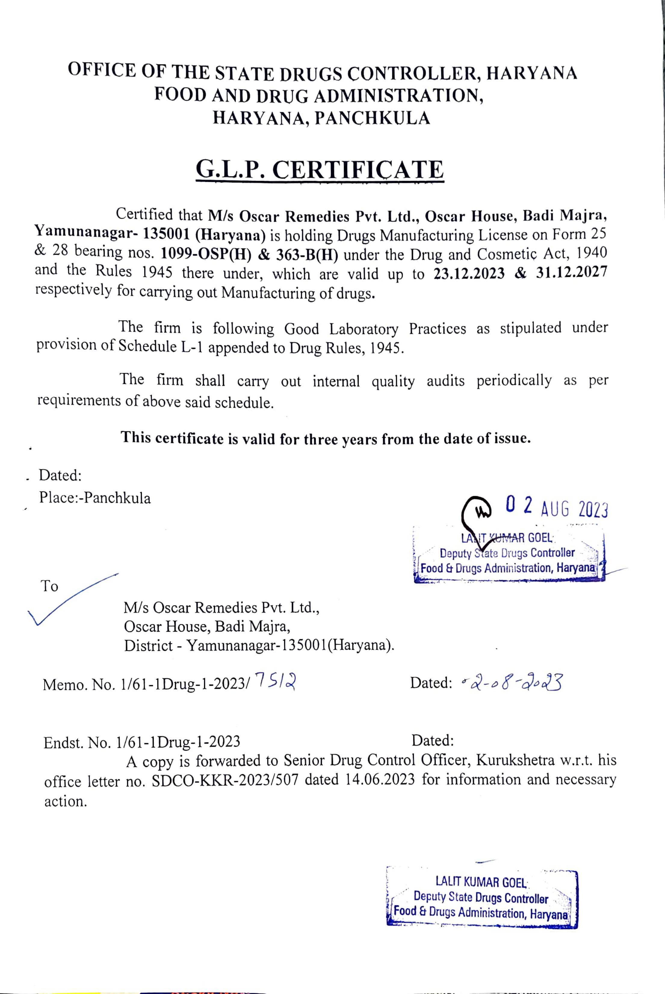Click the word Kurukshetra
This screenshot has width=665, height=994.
click(515, 760)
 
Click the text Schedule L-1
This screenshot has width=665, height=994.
click(160, 346)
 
